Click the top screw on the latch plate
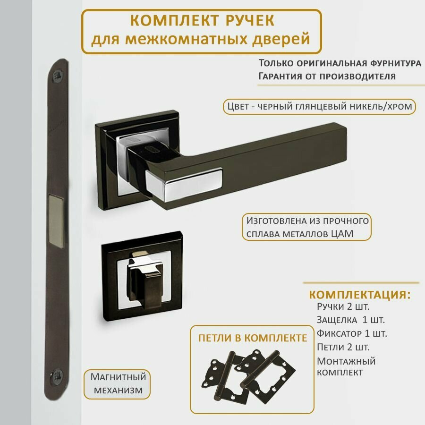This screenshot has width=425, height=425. tap(59, 75)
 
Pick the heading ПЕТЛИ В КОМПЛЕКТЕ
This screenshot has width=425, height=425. tap(253, 338)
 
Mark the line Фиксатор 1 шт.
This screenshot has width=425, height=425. tap(352, 334)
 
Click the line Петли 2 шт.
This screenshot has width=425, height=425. tap(343, 347)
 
